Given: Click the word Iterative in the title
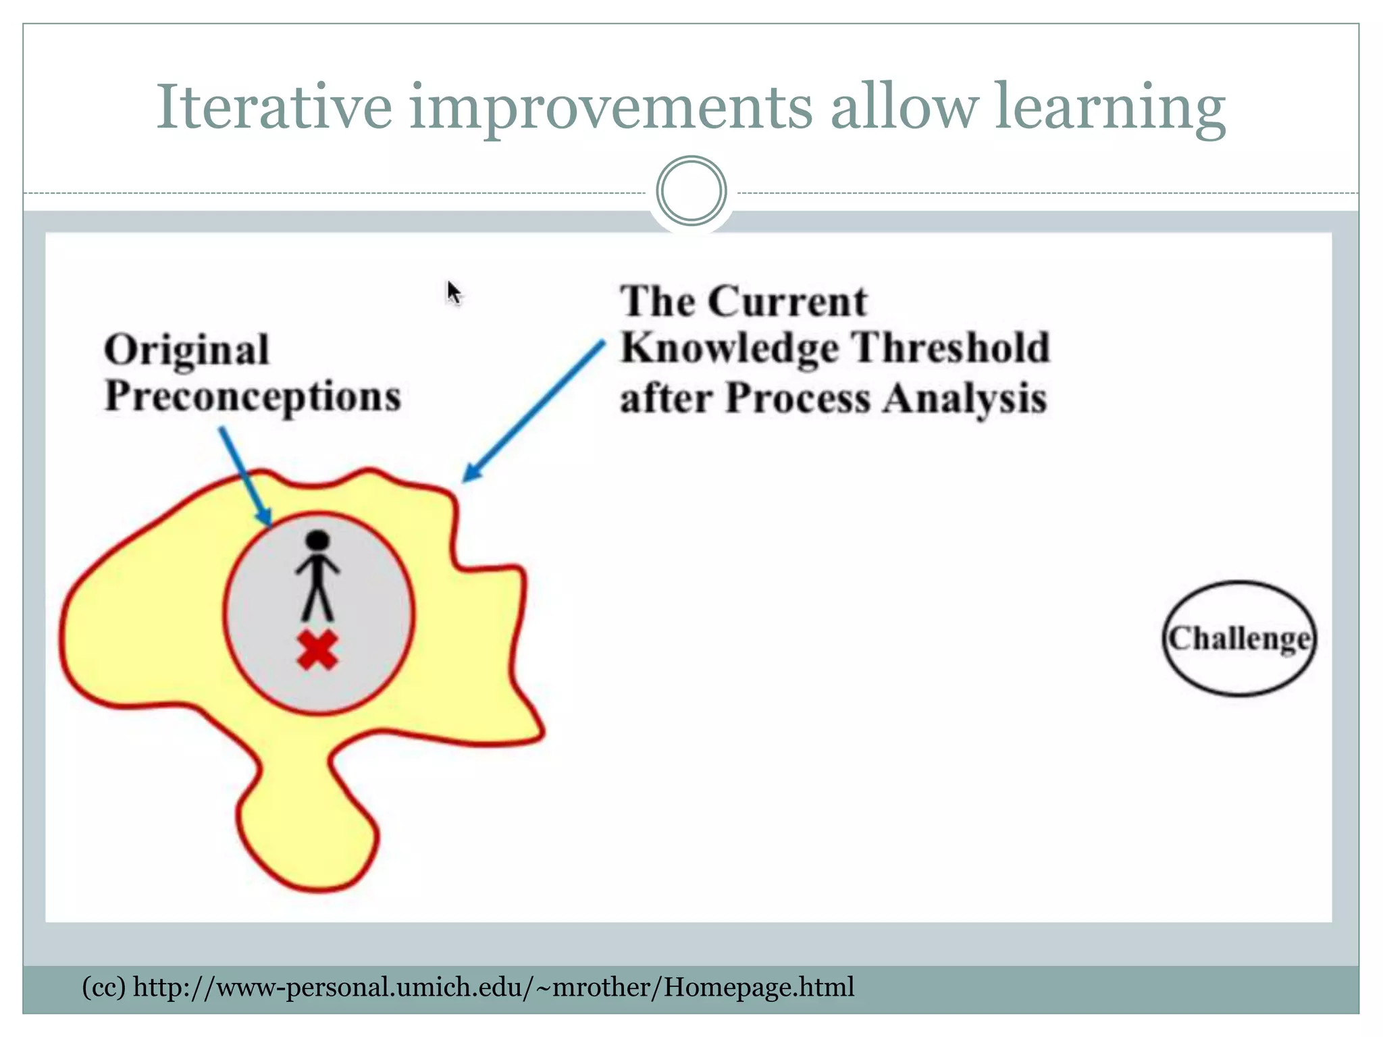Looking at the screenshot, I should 273,107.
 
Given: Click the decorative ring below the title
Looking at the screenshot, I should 691,191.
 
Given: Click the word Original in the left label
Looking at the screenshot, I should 187,350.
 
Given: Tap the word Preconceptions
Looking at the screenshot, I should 253,396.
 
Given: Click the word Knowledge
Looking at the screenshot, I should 729,348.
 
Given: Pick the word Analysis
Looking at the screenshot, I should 965,398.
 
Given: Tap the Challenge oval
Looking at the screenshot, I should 1239,638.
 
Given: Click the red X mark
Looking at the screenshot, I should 317,651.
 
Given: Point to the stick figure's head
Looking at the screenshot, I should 317,541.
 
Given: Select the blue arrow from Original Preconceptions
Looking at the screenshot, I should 245,475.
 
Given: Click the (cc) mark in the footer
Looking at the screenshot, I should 103,987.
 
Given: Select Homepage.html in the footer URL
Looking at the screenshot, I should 759,987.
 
